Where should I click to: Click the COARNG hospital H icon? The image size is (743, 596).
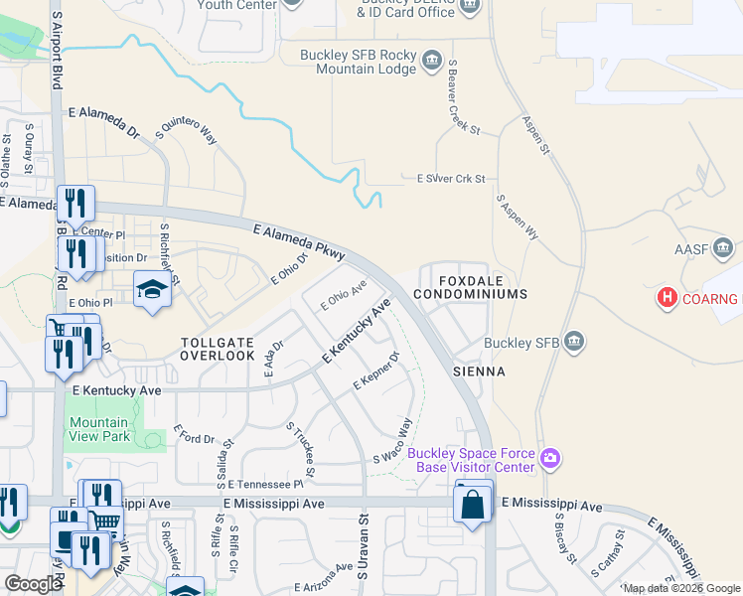tap(669, 297)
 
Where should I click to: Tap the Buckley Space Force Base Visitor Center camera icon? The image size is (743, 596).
tap(550, 458)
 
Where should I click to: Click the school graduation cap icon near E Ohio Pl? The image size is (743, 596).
tap(151, 289)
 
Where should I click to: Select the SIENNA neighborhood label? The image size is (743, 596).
tap(480, 372)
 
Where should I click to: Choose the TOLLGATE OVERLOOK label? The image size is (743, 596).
tap(218, 348)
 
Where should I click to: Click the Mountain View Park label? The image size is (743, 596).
tap(99, 429)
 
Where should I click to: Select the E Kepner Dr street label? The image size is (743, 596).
tap(376, 371)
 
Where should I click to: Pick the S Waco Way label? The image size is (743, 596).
tap(392, 441)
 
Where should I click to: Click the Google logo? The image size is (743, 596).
tap(33, 584)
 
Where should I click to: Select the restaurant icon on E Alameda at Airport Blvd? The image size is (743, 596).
tap(75, 203)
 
